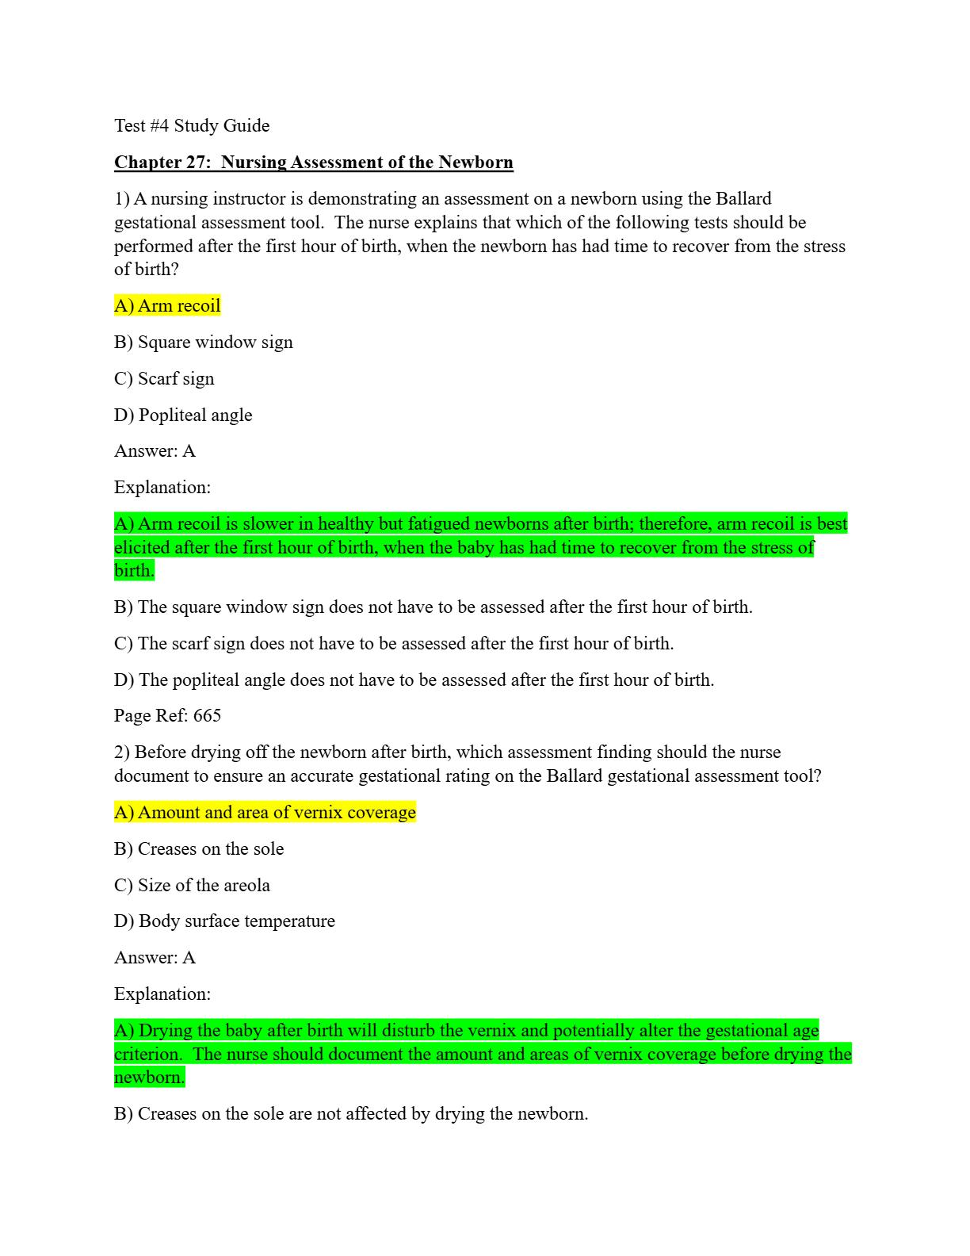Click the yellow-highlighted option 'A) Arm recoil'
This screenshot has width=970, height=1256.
coord(167,306)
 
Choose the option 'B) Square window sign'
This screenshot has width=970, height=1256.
coord(204,343)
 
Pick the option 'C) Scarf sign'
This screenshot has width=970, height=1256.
coord(164,379)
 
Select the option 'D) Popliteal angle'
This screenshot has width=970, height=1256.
coord(183,415)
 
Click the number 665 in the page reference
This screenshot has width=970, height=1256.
coord(207,716)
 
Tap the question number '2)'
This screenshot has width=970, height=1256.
coord(122,752)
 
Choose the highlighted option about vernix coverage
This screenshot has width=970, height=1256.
coord(265,813)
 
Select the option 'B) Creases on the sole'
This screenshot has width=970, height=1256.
coord(199,849)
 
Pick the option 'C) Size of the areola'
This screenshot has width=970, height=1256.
coord(192,886)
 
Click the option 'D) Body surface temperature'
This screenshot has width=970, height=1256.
coord(224,921)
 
